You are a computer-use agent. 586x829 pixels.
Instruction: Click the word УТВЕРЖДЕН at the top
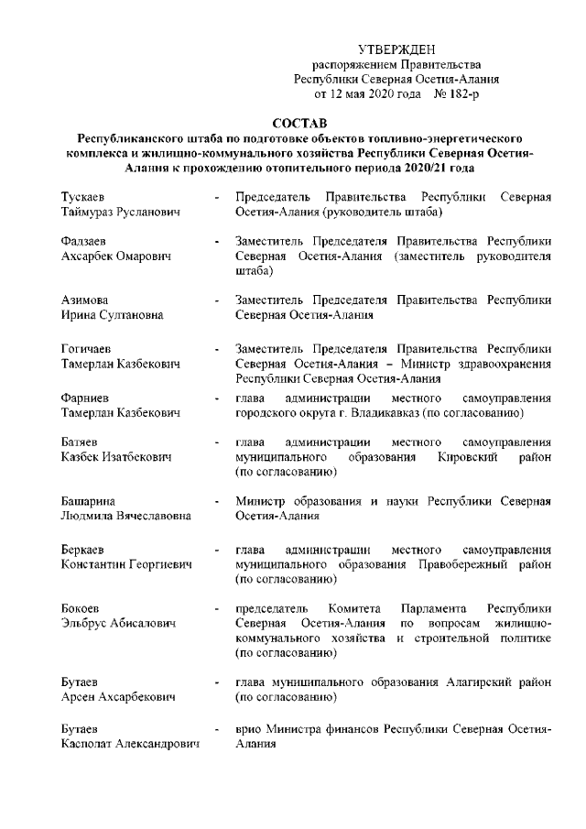point(396,49)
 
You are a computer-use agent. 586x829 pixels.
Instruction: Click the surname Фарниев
point(84,398)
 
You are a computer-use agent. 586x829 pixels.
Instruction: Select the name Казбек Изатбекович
point(115,457)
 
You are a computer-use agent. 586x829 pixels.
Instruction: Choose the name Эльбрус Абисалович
point(116,624)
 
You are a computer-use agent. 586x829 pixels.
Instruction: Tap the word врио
point(249,730)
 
